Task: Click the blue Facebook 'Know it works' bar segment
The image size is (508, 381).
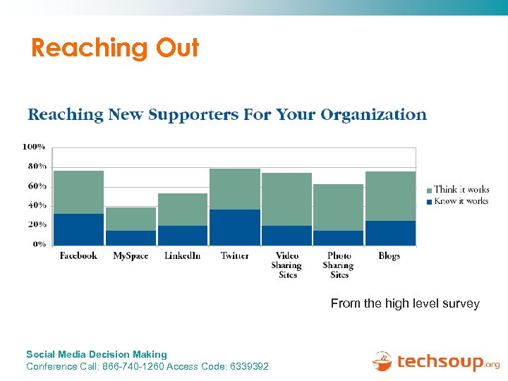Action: point(78,229)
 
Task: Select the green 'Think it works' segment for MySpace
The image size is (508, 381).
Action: point(131,219)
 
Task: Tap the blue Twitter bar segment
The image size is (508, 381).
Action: point(235,227)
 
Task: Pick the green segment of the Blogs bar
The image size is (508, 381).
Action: point(390,196)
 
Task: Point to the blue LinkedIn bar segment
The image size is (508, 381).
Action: point(183,235)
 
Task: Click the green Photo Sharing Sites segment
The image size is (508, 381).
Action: point(339,207)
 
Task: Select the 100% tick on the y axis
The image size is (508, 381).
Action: point(35,147)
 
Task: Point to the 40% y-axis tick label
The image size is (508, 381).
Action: point(37,205)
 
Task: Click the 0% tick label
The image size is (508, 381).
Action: point(39,244)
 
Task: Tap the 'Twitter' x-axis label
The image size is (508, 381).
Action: point(234,256)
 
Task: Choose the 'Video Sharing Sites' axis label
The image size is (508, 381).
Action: point(287,265)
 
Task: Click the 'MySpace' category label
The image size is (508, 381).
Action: point(131,256)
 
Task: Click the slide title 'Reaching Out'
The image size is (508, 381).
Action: point(115,48)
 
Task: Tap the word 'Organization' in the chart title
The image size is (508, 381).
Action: point(373,114)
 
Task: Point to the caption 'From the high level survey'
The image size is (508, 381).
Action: point(405,304)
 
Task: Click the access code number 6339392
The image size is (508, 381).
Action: point(247,366)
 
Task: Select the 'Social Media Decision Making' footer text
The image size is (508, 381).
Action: point(97,354)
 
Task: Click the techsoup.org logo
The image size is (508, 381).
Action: point(435,362)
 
